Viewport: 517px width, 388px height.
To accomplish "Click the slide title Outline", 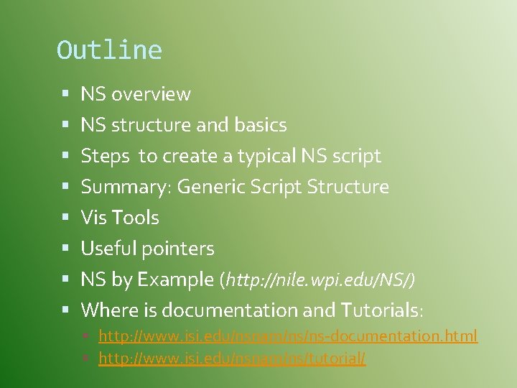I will click(109, 50).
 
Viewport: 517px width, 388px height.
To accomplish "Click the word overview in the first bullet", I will click(151, 94).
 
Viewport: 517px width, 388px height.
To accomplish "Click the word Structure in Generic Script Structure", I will click(348, 187).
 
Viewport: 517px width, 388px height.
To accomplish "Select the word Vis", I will click(93, 218).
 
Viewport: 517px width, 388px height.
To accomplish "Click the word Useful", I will click(108, 249).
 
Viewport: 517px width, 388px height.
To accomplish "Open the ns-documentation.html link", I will click(287, 336).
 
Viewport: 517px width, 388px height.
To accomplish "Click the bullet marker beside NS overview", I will click(65, 94).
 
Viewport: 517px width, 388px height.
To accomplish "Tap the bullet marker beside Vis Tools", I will click(65, 218).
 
